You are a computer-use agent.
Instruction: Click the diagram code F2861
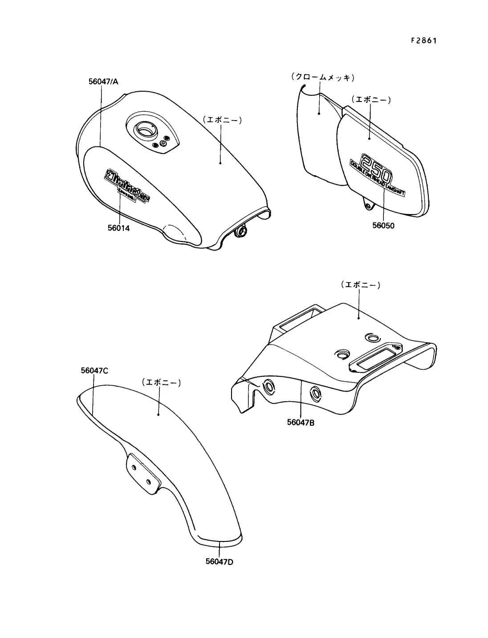click(x=423, y=40)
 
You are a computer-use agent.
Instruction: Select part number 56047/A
click(x=102, y=81)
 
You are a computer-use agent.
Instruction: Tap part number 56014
click(x=118, y=228)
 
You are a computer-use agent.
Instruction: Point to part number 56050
click(x=383, y=226)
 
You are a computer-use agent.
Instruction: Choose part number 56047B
click(x=301, y=422)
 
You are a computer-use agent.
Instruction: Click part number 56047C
click(x=95, y=370)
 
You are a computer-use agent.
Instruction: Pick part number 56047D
click(x=220, y=561)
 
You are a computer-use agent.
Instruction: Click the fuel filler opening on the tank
click(x=144, y=130)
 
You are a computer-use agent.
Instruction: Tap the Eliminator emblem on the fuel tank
click(x=126, y=186)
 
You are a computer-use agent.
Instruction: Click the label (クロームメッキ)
click(x=322, y=77)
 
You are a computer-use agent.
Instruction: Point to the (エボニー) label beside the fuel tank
click(x=222, y=119)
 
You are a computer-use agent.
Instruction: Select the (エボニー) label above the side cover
click(x=370, y=99)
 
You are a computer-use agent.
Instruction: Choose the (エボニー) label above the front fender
click(x=161, y=382)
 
